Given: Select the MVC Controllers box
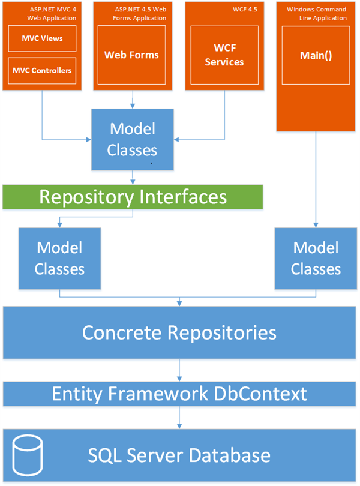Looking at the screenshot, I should point(42,71).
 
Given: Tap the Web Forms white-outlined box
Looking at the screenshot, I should point(131,55).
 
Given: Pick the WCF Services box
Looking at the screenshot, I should point(224,55).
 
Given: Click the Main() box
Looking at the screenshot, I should point(316,55).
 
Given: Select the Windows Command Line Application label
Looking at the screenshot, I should point(317,14).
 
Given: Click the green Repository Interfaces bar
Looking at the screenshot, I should point(133,196).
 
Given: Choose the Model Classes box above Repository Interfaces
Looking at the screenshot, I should point(132,139).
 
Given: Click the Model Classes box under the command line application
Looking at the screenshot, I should point(316,258).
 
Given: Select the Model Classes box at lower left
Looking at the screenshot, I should point(59,258).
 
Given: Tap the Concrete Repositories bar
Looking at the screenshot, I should point(179,332).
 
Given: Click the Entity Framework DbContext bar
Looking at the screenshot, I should point(179,394).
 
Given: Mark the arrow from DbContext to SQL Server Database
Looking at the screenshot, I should point(179,418).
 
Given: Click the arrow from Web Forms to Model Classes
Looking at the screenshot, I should point(131,100).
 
